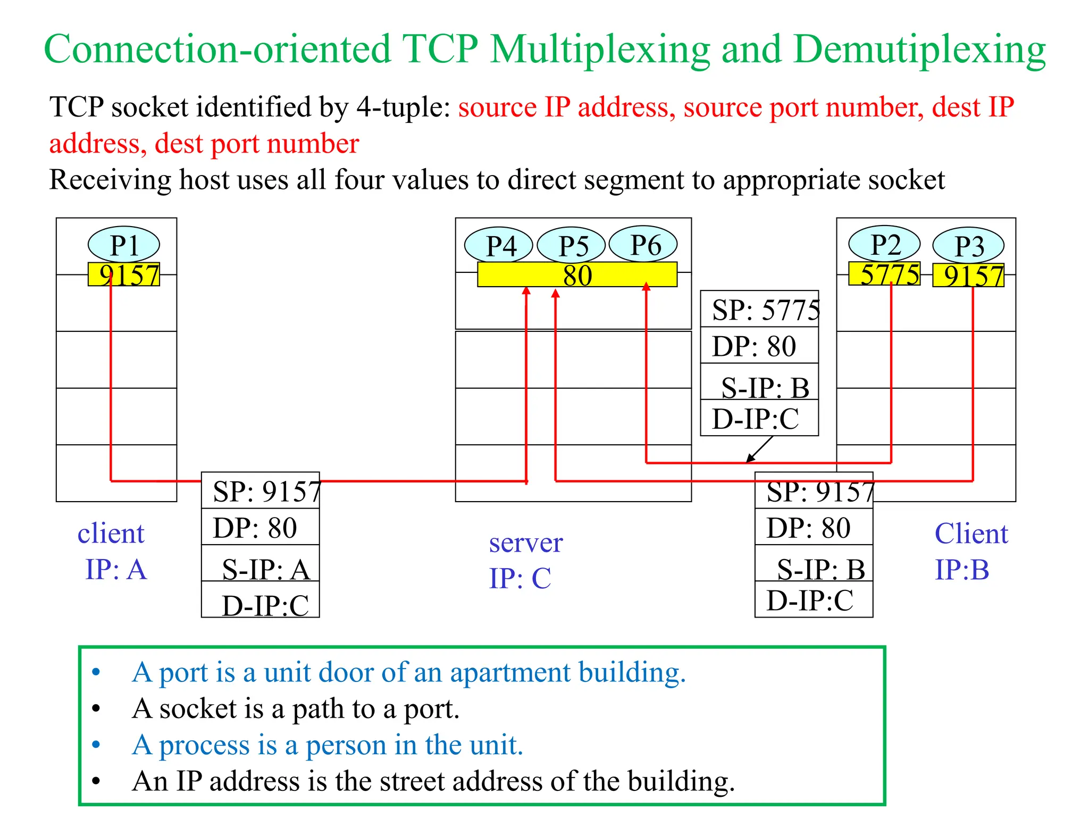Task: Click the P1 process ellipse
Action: [124, 245]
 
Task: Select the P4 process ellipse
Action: [499, 245]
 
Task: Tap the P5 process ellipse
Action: [572, 245]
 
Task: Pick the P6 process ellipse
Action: [643, 245]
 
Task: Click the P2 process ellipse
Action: [884, 244]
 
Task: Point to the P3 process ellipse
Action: [968, 245]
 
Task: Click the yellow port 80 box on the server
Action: [577, 275]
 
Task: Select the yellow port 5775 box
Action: [884, 274]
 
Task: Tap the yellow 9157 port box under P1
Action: [124, 275]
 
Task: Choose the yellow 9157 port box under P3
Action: [968, 276]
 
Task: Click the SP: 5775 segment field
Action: [759, 310]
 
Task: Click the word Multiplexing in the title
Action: [600, 49]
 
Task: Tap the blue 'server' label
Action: [525, 543]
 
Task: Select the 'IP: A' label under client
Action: [115, 569]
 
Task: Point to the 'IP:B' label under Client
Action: [961, 570]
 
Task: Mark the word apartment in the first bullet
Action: [510, 672]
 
